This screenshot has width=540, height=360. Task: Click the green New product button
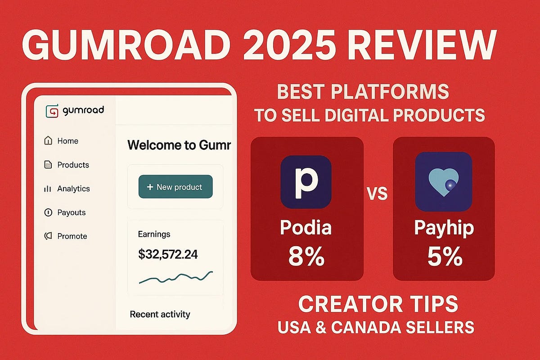click(175, 187)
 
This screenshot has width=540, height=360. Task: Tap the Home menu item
click(61, 141)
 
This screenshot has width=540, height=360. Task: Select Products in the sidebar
click(67, 165)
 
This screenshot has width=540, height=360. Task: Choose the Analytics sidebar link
click(67, 189)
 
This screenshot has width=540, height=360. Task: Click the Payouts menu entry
click(65, 212)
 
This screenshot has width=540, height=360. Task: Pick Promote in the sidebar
click(66, 236)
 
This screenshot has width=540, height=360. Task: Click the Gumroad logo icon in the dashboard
click(52, 111)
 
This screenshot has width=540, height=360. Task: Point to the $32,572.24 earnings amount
click(168, 254)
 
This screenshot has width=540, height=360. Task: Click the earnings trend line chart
click(176, 278)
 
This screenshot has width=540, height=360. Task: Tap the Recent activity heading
click(160, 314)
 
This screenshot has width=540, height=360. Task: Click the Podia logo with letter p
click(306, 182)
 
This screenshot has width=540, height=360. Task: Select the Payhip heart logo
click(444, 181)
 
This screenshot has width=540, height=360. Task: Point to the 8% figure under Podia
click(306, 256)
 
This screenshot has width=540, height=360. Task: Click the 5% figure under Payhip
click(445, 256)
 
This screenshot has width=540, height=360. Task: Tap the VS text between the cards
click(378, 193)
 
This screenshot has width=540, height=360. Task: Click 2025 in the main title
click(289, 45)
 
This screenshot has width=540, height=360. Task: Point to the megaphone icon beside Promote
click(48, 236)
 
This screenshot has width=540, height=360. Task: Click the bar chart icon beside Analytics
click(48, 189)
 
